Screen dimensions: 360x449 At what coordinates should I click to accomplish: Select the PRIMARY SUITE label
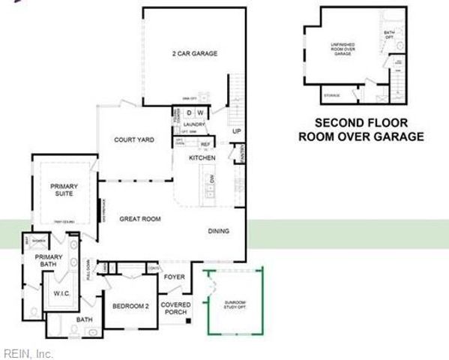[x=64, y=190]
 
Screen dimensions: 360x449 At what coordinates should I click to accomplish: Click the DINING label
[x=219, y=231]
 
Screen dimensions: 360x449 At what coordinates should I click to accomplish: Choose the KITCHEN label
[x=202, y=158]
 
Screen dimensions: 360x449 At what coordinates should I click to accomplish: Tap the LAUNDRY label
[x=195, y=125]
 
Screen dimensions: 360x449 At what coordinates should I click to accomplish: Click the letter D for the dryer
[x=190, y=113]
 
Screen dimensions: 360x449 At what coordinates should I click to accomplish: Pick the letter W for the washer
[x=201, y=113]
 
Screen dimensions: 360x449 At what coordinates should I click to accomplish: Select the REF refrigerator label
[x=204, y=144]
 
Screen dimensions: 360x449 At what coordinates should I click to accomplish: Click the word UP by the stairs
[x=237, y=132]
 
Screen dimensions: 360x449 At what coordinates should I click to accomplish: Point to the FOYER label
[x=175, y=277]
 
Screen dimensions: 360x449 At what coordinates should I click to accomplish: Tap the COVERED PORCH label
[x=175, y=309]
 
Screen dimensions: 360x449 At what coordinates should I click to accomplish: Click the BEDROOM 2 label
[x=130, y=306]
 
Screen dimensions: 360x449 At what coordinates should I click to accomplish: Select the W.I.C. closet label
[x=61, y=294]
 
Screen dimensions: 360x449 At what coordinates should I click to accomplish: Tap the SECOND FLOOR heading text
[x=361, y=123]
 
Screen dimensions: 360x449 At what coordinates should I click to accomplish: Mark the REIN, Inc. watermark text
[x=28, y=352]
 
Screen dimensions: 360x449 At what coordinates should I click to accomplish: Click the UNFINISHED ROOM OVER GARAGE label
[x=343, y=49]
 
